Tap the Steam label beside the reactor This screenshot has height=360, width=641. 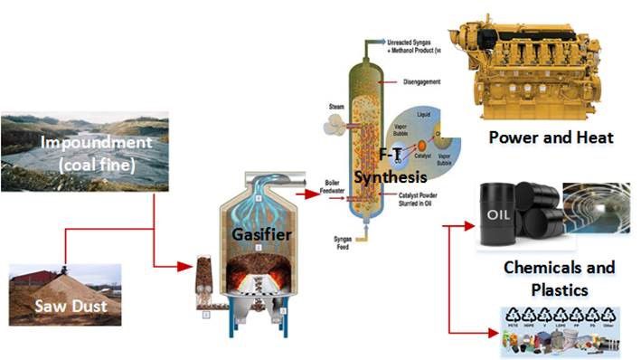[x=334, y=107]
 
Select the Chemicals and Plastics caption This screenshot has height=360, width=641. [x=558, y=279]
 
